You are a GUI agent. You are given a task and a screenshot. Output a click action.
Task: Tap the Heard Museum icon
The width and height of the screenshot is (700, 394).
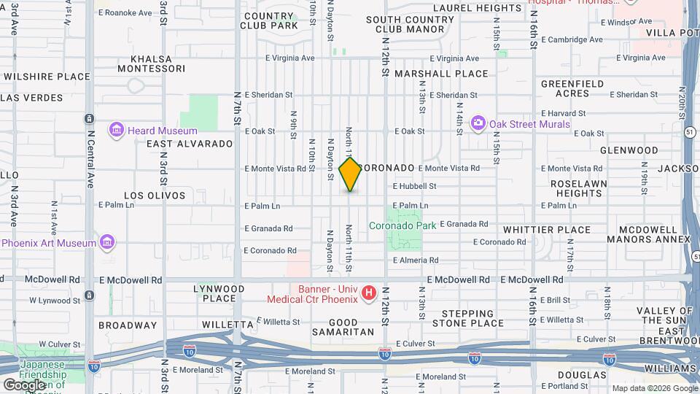116,131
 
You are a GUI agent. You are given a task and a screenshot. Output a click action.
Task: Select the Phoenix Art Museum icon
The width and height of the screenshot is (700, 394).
106,242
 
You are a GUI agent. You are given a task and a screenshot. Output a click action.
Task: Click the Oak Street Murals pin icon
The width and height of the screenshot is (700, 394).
478,123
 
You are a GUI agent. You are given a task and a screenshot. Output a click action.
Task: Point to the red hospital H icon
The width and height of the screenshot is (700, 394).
369,293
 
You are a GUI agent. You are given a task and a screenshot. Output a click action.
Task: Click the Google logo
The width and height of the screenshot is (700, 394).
24,384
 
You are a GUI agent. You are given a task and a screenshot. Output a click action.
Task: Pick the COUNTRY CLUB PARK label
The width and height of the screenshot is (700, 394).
270,20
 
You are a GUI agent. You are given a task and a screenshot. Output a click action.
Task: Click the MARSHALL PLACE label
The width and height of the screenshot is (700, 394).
441,74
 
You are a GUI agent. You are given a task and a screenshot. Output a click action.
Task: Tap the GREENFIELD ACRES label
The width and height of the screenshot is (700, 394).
572,88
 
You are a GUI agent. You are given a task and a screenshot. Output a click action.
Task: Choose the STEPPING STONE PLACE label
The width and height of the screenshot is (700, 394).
467,317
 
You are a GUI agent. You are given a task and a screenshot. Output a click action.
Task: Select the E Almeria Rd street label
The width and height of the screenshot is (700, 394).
416,260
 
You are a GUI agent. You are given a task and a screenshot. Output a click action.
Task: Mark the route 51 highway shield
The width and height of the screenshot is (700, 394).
688,131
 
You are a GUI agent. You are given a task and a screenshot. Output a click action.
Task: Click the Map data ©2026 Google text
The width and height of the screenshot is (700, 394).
654,388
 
